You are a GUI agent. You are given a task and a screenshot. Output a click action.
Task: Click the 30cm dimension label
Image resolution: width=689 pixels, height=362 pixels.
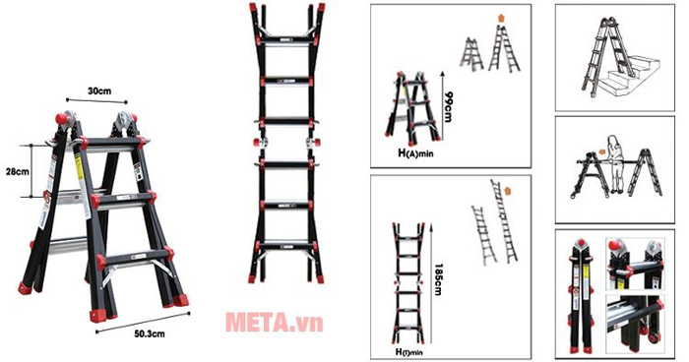99,91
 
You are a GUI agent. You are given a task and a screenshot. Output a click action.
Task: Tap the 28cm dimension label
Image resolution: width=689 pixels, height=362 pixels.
17,172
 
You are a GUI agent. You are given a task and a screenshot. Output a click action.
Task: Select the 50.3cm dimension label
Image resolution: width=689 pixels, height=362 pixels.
150,333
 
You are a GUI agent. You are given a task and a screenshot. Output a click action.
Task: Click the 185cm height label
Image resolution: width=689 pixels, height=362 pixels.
437,279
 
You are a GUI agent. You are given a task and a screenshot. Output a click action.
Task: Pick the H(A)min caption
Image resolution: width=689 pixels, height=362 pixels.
415,153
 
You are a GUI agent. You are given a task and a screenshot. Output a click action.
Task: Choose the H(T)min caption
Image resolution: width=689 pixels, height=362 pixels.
409,352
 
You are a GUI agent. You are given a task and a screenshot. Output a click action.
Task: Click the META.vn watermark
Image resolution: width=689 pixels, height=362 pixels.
275,323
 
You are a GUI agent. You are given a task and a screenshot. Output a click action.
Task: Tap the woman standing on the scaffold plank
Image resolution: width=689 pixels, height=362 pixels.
615,164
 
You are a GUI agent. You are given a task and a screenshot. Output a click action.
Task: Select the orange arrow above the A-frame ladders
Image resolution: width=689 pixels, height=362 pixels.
501,19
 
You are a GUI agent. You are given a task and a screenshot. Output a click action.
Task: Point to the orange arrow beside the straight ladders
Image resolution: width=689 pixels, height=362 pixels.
508,191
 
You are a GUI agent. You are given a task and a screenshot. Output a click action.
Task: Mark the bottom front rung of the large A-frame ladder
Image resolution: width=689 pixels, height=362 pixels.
134,256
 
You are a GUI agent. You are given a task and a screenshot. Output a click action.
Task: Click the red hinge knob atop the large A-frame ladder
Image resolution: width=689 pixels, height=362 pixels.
61,119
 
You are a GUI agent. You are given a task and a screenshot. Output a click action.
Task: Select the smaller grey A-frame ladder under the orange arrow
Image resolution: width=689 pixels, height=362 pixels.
471,54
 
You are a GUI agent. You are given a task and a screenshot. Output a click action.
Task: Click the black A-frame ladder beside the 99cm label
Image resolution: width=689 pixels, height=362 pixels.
412,108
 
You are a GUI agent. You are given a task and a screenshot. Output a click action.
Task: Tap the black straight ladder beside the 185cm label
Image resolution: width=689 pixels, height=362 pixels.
408,283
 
